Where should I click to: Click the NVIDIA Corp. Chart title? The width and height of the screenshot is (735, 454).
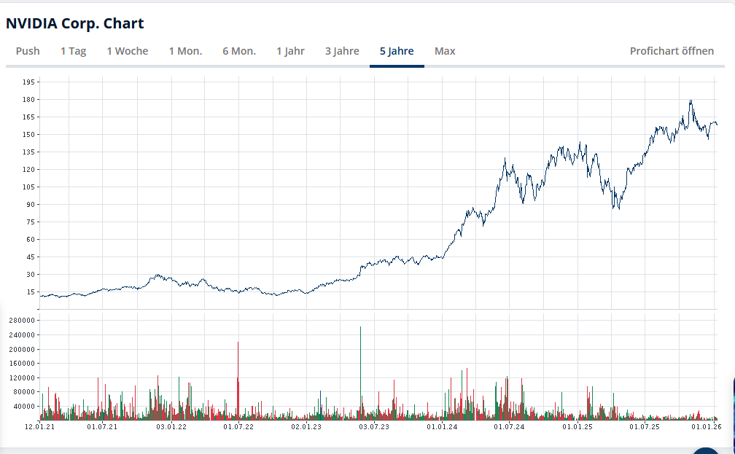(x=74, y=23)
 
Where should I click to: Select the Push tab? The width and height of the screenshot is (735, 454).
(x=28, y=51)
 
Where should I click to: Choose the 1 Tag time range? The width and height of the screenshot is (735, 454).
(x=73, y=51)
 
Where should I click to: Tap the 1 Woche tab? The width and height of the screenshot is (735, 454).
(x=127, y=51)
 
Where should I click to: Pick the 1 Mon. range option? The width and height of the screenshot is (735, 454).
(x=185, y=51)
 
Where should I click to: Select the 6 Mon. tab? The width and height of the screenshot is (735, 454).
(x=239, y=51)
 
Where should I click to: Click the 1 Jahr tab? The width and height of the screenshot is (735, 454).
(x=290, y=51)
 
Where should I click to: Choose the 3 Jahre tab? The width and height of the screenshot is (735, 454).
(x=342, y=51)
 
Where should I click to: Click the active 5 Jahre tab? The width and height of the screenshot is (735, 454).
(x=397, y=51)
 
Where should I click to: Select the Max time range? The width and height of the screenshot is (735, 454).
(x=445, y=51)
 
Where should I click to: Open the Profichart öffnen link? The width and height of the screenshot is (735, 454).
(x=672, y=51)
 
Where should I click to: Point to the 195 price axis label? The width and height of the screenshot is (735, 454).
(x=29, y=82)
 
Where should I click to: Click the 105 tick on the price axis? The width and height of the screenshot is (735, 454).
(x=29, y=187)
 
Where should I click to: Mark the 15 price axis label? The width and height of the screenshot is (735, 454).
(x=31, y=291)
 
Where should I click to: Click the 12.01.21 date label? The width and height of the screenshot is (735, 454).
(x=40, y=427)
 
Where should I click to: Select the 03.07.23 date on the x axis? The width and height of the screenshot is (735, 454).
(x=374, y=427)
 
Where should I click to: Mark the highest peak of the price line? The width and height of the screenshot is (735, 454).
(x=690, y=101)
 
